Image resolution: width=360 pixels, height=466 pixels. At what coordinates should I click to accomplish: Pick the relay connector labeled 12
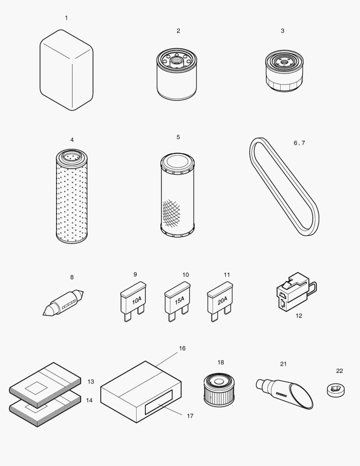click(293, 291)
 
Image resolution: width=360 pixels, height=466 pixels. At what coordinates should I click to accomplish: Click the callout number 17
click(190, 416)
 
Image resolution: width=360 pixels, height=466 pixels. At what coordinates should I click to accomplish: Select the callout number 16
click(182, 348)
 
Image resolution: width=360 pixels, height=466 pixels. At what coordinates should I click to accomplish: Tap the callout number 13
click(91, 381)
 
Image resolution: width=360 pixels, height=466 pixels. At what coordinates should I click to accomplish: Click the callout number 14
click(89, 400)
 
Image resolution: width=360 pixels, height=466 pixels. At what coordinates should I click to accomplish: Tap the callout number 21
click(283, 364)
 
